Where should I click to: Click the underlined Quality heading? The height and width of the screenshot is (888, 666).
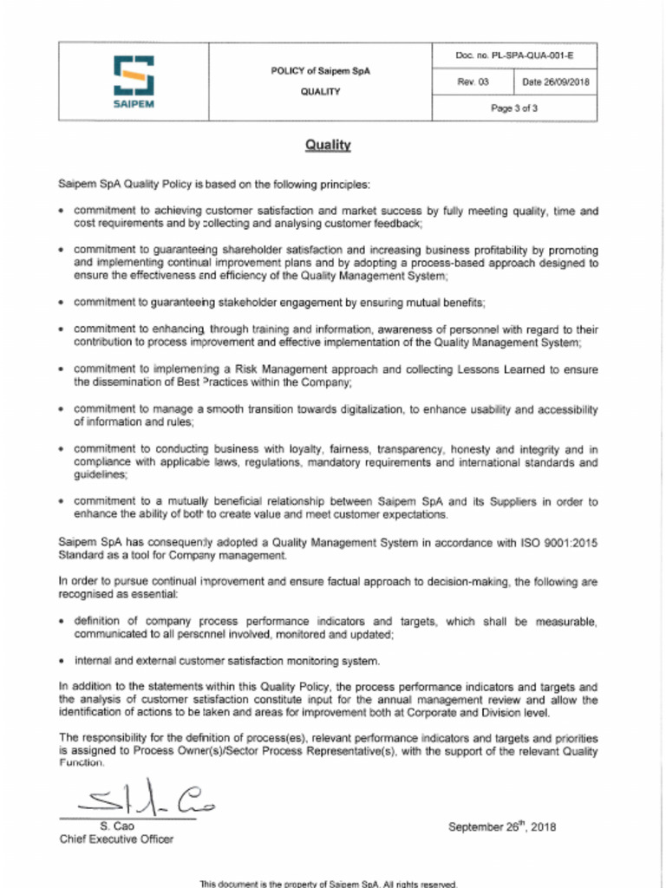click(x=327, y=146)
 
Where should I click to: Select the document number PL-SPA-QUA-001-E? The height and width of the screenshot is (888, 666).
click(x=514, y=56)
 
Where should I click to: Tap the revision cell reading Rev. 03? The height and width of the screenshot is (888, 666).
click(x=473, y=82)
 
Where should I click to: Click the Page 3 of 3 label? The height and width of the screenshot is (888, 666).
click(x=514, y=108)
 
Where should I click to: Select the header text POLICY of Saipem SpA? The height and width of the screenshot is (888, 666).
click(x=320, y=71)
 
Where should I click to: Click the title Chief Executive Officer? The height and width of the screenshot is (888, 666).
click(x=116, y=839)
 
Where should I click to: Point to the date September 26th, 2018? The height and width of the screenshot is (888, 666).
click(x=502, y=826)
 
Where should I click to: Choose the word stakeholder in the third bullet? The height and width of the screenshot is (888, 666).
click(x=253, y=302)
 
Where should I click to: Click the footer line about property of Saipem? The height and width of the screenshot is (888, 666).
click(x=328, y=884)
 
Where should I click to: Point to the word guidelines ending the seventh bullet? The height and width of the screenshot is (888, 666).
click(x=101, y=475)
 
